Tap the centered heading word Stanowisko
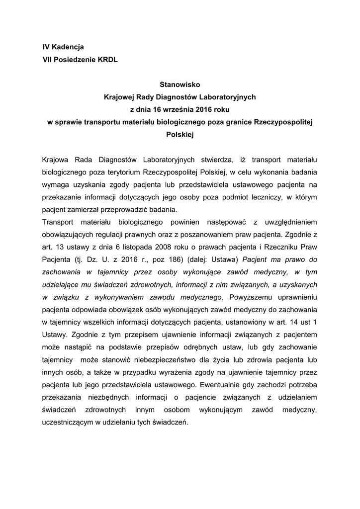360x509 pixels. pos(180,85)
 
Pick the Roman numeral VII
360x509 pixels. pos(48,60)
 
